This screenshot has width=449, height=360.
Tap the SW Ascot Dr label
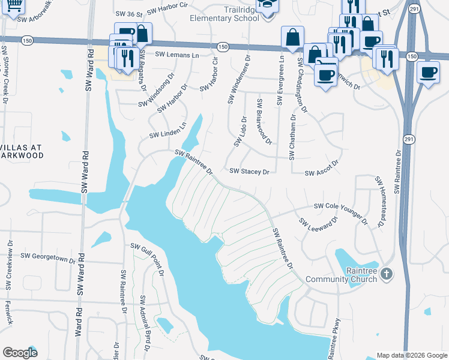(322, 168)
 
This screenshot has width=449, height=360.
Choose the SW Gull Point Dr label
(148, 259)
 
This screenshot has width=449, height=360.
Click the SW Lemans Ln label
(177, 55)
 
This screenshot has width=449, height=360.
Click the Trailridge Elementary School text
(224, 14)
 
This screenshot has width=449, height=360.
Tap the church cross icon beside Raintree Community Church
(387, 274)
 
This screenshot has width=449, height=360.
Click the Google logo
(20, 353)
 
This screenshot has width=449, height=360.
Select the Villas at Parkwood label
(23, 150)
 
